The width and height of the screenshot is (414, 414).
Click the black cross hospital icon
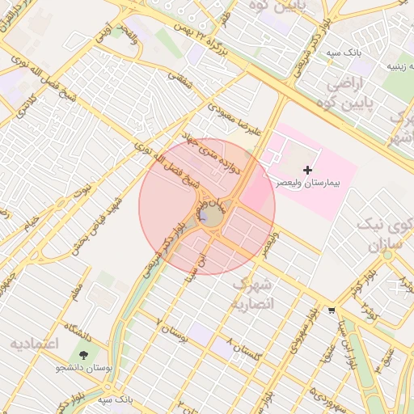coord(307,170)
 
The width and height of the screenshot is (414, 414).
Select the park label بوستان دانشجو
coord(81,368)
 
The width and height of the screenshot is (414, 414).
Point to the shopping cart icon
coord(332,310)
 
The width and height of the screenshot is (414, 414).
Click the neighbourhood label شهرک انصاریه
coord(253,294)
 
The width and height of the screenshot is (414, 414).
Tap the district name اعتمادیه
coord(35,344)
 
